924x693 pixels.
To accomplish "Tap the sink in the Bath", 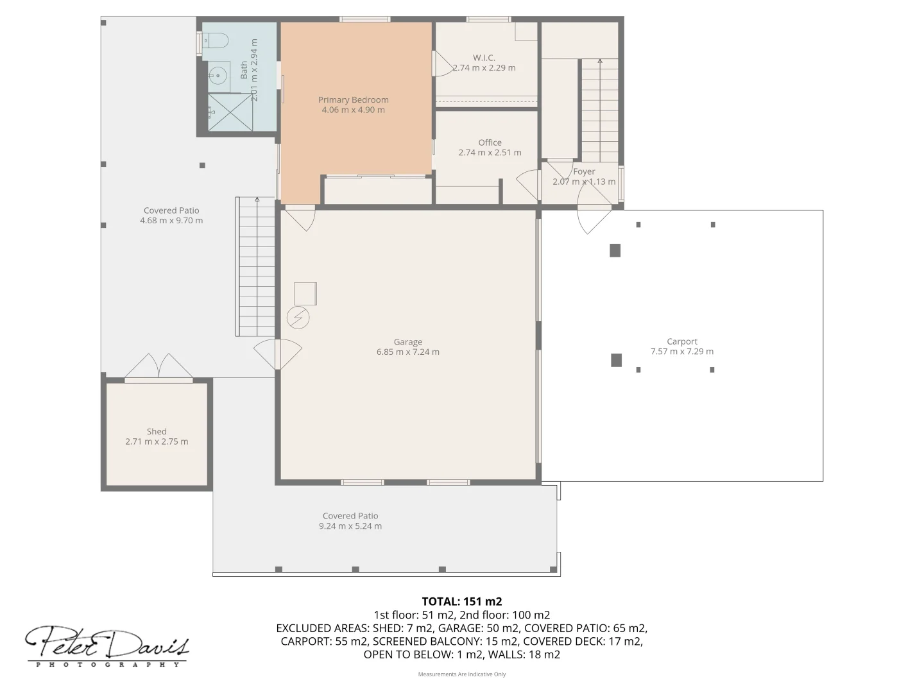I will click(x=218, y=76).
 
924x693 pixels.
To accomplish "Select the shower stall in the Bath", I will click(x=229, y=112).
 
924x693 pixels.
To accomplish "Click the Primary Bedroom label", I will click(x=353, y=99).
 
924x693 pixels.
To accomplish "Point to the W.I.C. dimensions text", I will click(x=484, y=67).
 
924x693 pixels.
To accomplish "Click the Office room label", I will click(x=490, y=142).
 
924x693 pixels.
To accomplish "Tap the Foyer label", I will click(x=584, y=171).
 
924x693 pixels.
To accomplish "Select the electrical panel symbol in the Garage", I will click(x=298, y=318).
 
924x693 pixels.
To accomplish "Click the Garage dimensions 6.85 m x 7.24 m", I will click(x=408, y=352).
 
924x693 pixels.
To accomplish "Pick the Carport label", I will click(x=681, y=341).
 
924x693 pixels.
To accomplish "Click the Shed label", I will click(x=157, y=431).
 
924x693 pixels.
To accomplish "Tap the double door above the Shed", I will click(x=158, y=366).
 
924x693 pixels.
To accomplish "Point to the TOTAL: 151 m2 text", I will click(x=461, y=601).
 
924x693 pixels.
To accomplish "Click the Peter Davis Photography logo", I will click(x=107, y=646).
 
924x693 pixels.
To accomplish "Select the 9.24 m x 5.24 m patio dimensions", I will click(x=350, y=526).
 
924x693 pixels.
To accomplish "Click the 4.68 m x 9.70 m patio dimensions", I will click(x=171, y=220).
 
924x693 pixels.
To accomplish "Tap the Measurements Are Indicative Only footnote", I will click(x=461, y=674).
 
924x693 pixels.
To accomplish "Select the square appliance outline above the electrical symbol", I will click(x=305, y=294).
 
